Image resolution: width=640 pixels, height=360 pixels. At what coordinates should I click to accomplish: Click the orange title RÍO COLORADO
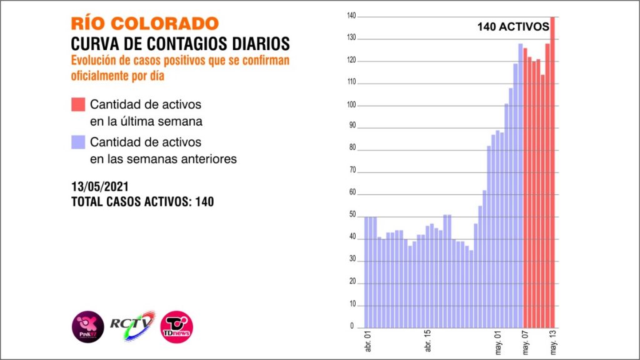(x=145, y=23)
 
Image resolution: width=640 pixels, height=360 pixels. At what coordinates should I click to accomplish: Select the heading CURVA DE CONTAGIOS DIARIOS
(x=181, y=44)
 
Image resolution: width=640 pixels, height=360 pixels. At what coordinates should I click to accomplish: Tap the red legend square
(x=77, y=104)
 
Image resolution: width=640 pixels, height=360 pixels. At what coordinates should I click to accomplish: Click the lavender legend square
(x=77, y=142)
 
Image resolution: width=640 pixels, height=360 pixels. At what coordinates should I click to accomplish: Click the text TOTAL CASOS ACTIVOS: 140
(x=142, y=202)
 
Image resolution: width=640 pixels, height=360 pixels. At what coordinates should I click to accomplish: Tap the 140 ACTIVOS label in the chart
(x=512, y=27)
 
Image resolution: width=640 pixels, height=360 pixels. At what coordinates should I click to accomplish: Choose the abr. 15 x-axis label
(x=427, y=340)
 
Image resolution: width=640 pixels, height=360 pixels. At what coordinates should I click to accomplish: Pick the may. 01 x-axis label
(x=498, y=340)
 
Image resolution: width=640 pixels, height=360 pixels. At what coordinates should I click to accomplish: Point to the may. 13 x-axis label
(x=552, y=340)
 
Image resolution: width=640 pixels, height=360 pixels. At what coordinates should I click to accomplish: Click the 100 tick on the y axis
(x=352, y=106)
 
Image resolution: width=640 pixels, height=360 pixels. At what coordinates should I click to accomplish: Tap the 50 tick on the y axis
(x=352, y=216)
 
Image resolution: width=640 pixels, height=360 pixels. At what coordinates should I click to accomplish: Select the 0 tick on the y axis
(x=352, y=326)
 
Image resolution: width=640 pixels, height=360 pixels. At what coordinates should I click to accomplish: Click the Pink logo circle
(x=87, y=326)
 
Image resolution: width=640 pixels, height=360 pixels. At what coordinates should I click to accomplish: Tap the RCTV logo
(x=132, y=324)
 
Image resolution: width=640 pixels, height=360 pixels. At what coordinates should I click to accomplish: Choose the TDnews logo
(x=177, y=326)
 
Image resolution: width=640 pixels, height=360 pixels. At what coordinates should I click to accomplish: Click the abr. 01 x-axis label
(x=367, y=340)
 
